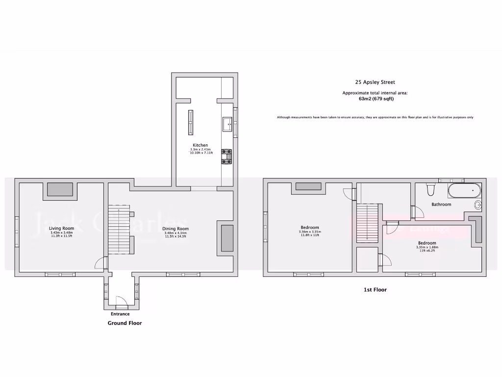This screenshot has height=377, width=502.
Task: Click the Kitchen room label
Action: click(x=200, y=145)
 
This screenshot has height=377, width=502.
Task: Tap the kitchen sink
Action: click(x=227, y=124)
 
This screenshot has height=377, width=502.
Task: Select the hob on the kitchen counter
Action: click(x=226, y=157)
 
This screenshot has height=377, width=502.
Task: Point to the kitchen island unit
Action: click(x=191, y=122)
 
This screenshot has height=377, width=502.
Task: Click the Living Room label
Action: click(x=61, y=228)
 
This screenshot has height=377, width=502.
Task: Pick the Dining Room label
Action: click(x=176, y=229)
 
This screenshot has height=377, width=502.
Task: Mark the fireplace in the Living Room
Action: click(x=60, y=189)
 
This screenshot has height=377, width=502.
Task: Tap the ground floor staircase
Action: click(x=118, y=230)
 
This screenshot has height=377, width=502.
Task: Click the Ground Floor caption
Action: click(x=125, y=323)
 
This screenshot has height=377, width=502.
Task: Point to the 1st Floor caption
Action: click(x=375, y=290)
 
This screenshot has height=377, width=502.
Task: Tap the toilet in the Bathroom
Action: click(x=431, y=190)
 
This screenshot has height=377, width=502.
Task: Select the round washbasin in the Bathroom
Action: click(x=477, y=205)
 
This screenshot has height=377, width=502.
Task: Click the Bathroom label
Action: click(x=441, y=204)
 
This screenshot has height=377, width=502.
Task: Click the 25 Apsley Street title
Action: click(x=375, y=82)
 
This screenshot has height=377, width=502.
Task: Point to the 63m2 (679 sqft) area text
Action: click(x=375, y=99)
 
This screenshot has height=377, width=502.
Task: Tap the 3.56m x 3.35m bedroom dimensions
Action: click(x=310, y=232)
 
